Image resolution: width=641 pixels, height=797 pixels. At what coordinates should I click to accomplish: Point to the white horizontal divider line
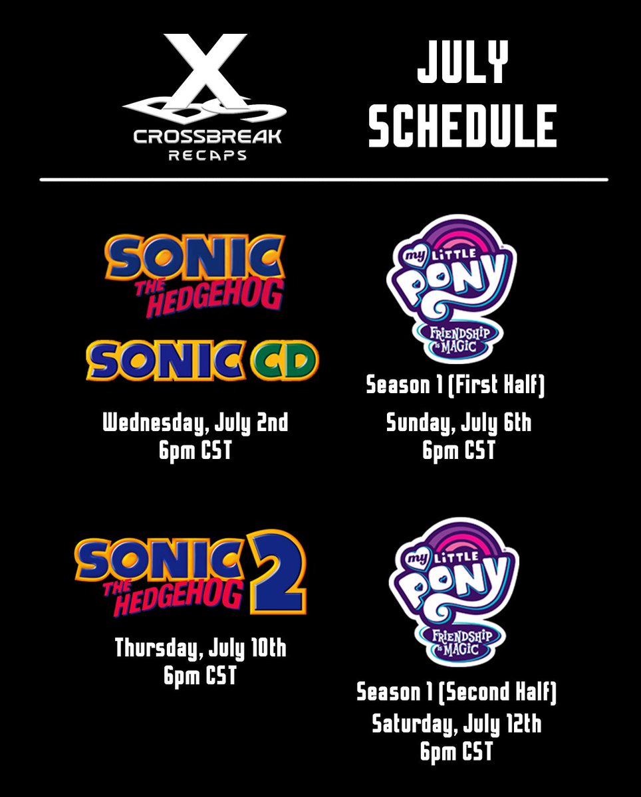[x=323, y=179]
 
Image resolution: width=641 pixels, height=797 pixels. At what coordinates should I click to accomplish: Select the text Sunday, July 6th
[x=459, y=423]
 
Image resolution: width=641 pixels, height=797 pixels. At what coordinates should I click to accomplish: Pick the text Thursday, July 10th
[x=200, y=648]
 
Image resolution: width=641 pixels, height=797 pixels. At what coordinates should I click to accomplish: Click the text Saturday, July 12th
[x=456, y=724]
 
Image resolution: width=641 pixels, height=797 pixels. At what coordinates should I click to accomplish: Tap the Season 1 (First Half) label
[x=456, y=386]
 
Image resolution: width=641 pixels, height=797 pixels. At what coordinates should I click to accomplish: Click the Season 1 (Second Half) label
[x=457, y=693]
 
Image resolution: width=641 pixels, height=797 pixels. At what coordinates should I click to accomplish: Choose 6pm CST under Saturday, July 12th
[x=456, y=752]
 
